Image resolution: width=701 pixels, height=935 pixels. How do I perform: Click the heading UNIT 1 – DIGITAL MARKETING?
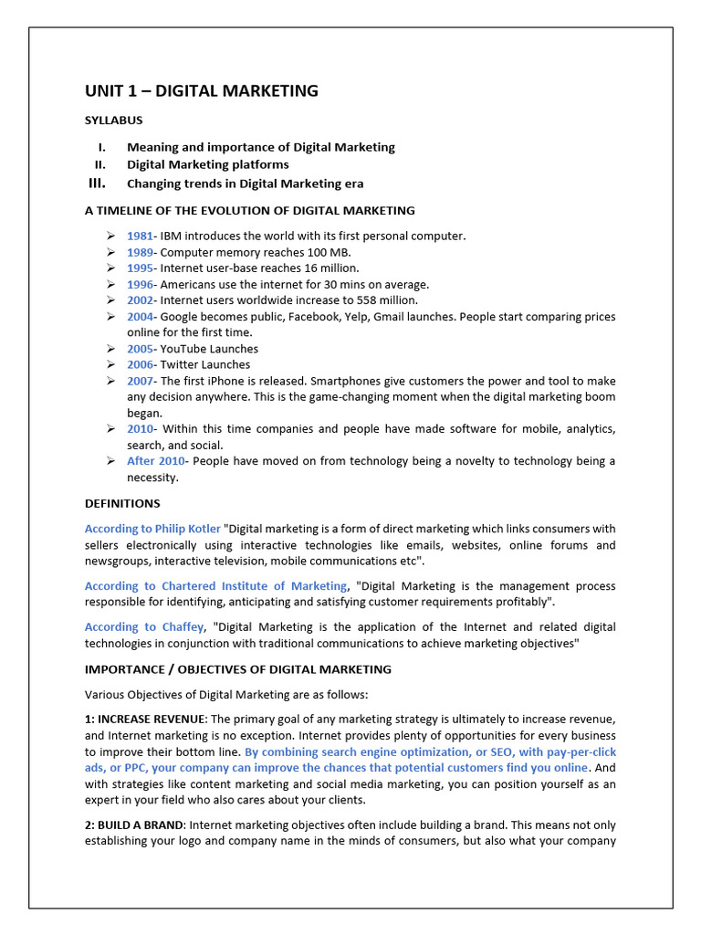tap(202, 90)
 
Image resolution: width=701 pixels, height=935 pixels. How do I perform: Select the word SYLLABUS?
tap(113, 121)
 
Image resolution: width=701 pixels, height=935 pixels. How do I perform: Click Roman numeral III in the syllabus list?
tap(97, 183)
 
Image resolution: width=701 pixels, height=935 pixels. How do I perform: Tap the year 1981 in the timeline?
tap(140, 236)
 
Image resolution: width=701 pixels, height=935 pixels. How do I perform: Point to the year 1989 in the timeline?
tap(140, 252)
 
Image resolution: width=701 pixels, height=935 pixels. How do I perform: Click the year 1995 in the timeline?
tap(140, 268)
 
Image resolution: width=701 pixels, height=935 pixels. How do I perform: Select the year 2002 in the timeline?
tap(140, 300)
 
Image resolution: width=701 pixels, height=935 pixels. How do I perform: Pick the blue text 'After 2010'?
tap(155, 461)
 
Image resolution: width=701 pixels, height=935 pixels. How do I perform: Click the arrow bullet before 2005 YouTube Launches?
tap(110, 349)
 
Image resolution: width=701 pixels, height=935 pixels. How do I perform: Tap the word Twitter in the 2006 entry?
tap(180, 364)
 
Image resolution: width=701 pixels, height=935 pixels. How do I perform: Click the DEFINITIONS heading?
tap(122, 503)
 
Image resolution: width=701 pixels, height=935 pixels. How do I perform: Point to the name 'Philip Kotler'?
tap(187, 529)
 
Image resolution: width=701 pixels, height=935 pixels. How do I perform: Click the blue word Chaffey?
tap(183, 627)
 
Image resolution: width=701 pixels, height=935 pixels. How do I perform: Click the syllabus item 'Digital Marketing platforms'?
tap(207, 164)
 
